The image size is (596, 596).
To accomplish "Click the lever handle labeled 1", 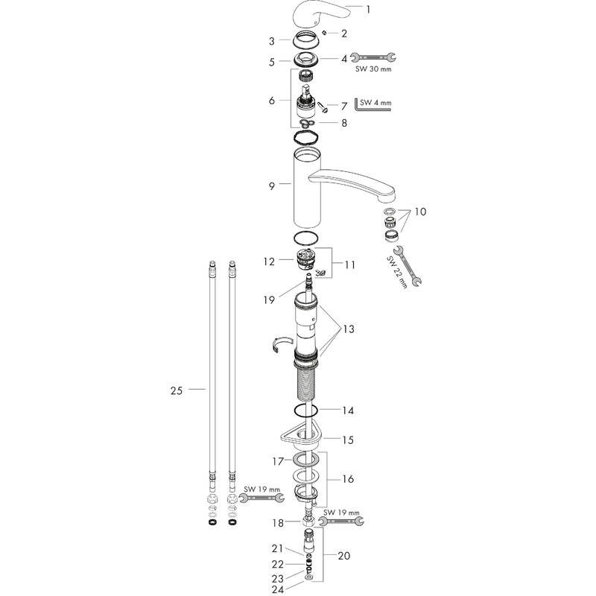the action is (x=320, y=14).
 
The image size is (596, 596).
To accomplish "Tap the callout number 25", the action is (x=177, y=390).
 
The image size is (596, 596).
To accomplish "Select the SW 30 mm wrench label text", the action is (x=373, y=69).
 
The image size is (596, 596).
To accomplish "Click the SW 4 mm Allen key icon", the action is (x=372, y=104).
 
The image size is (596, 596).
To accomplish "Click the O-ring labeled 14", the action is (x=305, y=411).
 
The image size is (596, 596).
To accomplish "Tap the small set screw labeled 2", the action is (x=324, y=33).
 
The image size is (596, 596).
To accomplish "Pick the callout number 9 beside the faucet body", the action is (x=271, y=186).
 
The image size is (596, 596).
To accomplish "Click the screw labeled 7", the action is (x=323, y=106).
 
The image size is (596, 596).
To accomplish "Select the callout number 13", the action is (x=349, y=329).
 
